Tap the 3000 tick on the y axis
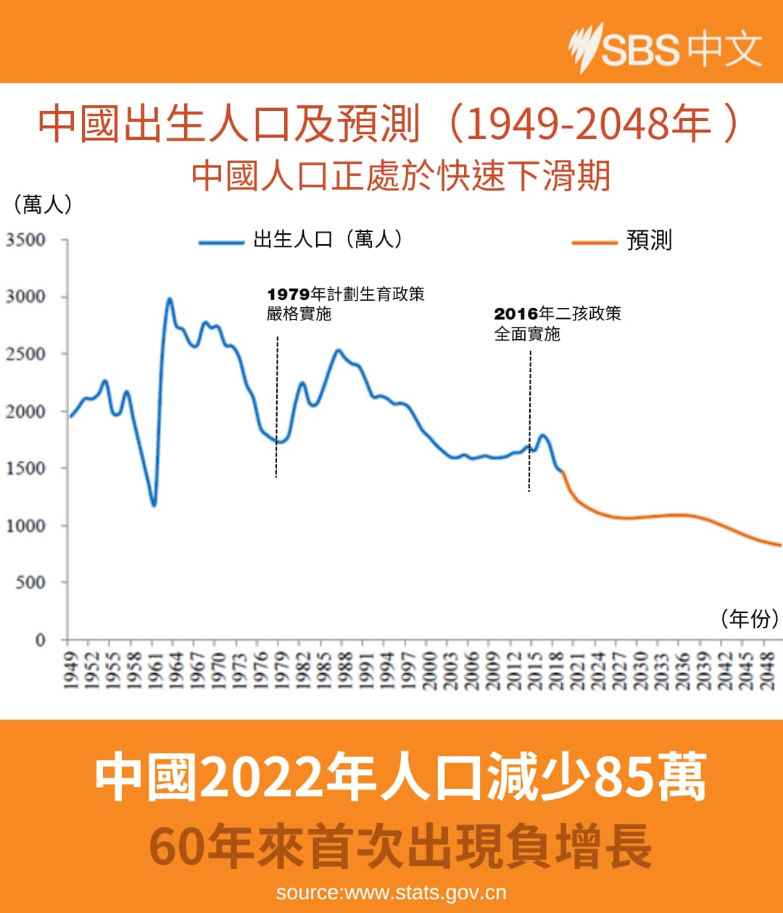pyautogui.click(x=26, y=296)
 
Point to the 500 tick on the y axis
pyautogui.click(x=30, y=583)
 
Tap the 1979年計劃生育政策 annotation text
pyautogui.click(x=346, y=294)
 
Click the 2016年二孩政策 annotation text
pyautogui.click(x=558, y=314)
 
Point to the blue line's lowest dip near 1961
pyautogui.click(x=153, y=504)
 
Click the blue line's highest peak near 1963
pyautogui.click(x=170, y=299)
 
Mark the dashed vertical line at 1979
pyautogui.click(x=276, y=406)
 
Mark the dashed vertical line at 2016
pyautogui.click(x=529, y=420)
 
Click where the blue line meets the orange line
pyautogui.click(x=562, y=472)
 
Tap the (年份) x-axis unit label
pyautogui.click(x=749, y=618)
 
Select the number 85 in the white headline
pyautogui.click(x=625, y=777)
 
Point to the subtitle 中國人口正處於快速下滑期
pyautogui.click(x=401, y=176)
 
